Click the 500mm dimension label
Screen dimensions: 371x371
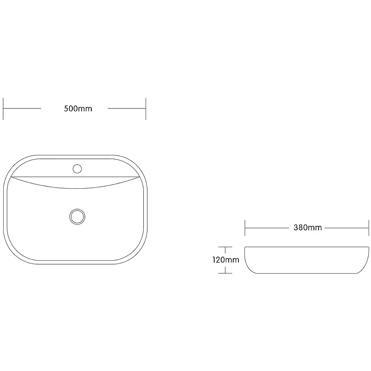coord(78,109)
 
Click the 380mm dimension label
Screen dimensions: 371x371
coord(307,228)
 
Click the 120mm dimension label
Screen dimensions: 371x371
coord(226,260)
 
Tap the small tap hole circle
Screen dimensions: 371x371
coord(77,169)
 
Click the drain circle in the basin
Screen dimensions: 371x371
coord(77,217)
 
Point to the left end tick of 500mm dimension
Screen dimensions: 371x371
coord(3,109)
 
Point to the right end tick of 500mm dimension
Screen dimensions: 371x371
coord(146,109)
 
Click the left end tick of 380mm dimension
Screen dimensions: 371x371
coord(245,228)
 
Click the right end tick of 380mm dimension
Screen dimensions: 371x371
coord(369,228)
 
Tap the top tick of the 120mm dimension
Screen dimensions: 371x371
coord(225,247)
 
